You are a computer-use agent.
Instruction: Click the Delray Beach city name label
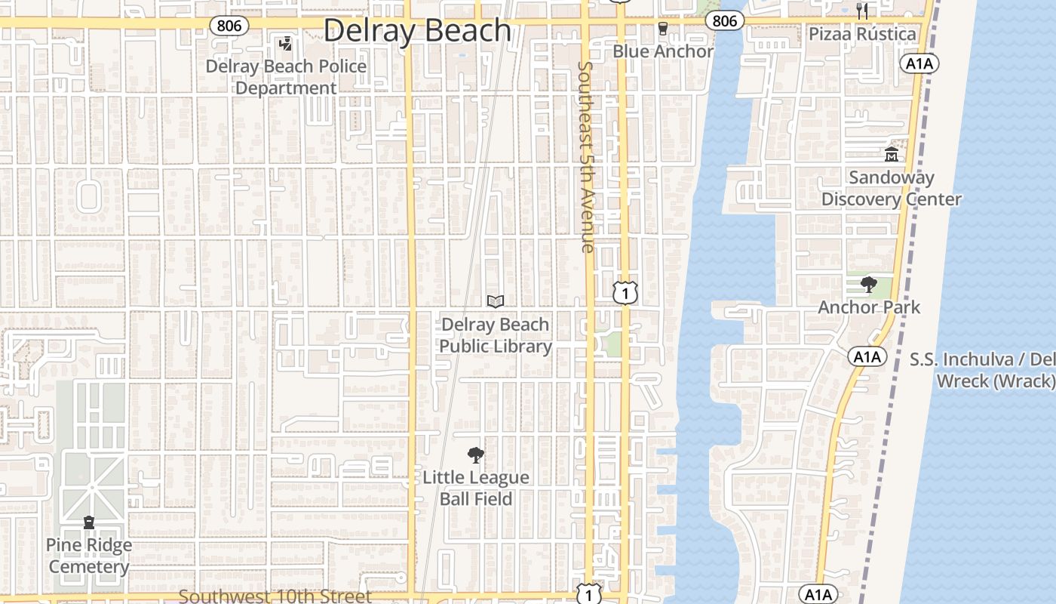[417, 31]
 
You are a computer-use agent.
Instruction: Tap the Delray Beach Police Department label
[286, 77]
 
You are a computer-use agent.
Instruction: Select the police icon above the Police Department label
[285, 45]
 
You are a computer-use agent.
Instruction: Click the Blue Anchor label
[662, 51]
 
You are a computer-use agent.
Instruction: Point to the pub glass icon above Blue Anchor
[663, 29]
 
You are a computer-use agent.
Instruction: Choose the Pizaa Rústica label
[862, 34]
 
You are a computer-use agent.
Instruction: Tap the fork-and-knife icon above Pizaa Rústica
[862, 11]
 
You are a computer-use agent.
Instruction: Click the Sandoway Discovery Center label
[891, 189]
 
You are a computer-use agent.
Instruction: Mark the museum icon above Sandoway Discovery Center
[891, 155]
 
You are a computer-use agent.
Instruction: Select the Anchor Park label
[869, 307]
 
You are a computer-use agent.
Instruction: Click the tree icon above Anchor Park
[869, 285]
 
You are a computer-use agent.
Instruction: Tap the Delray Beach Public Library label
[496, 335]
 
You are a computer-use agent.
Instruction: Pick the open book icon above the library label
[496, 302]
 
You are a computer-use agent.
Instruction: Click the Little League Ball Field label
[476, 488]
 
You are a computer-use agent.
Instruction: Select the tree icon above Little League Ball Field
[476, 455]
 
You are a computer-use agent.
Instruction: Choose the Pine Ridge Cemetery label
[89, 556]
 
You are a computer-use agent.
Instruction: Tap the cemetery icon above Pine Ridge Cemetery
[89, 522]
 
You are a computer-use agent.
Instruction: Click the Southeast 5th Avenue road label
[586, 156]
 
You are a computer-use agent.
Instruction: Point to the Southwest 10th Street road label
[275, 596]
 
